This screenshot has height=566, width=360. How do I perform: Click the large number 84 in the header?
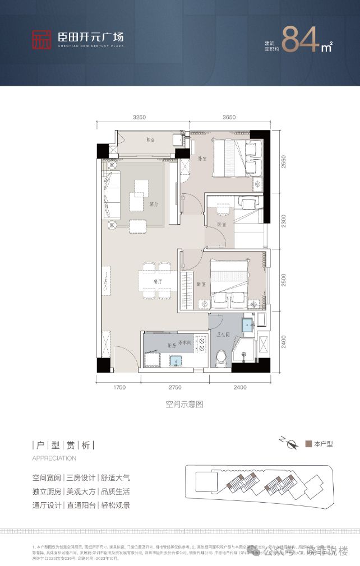tap(301, 38)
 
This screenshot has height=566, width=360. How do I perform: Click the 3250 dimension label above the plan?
tap(139, 118)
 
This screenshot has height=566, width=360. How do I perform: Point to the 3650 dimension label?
tap(229, 118)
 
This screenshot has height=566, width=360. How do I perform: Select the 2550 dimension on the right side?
tap(285, 161)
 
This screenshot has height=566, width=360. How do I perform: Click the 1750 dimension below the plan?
tap(118, 387)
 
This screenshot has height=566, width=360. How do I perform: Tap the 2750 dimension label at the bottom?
tap(175, 387)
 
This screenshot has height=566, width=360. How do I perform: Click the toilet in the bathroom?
tap(221, 356)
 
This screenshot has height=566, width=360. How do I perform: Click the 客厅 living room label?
tap(154, 205)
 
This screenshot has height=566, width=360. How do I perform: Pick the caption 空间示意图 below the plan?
tap(183, 403)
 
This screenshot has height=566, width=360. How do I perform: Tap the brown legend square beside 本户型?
tap(308, 444)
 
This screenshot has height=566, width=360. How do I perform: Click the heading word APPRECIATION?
tap(54, 458)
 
